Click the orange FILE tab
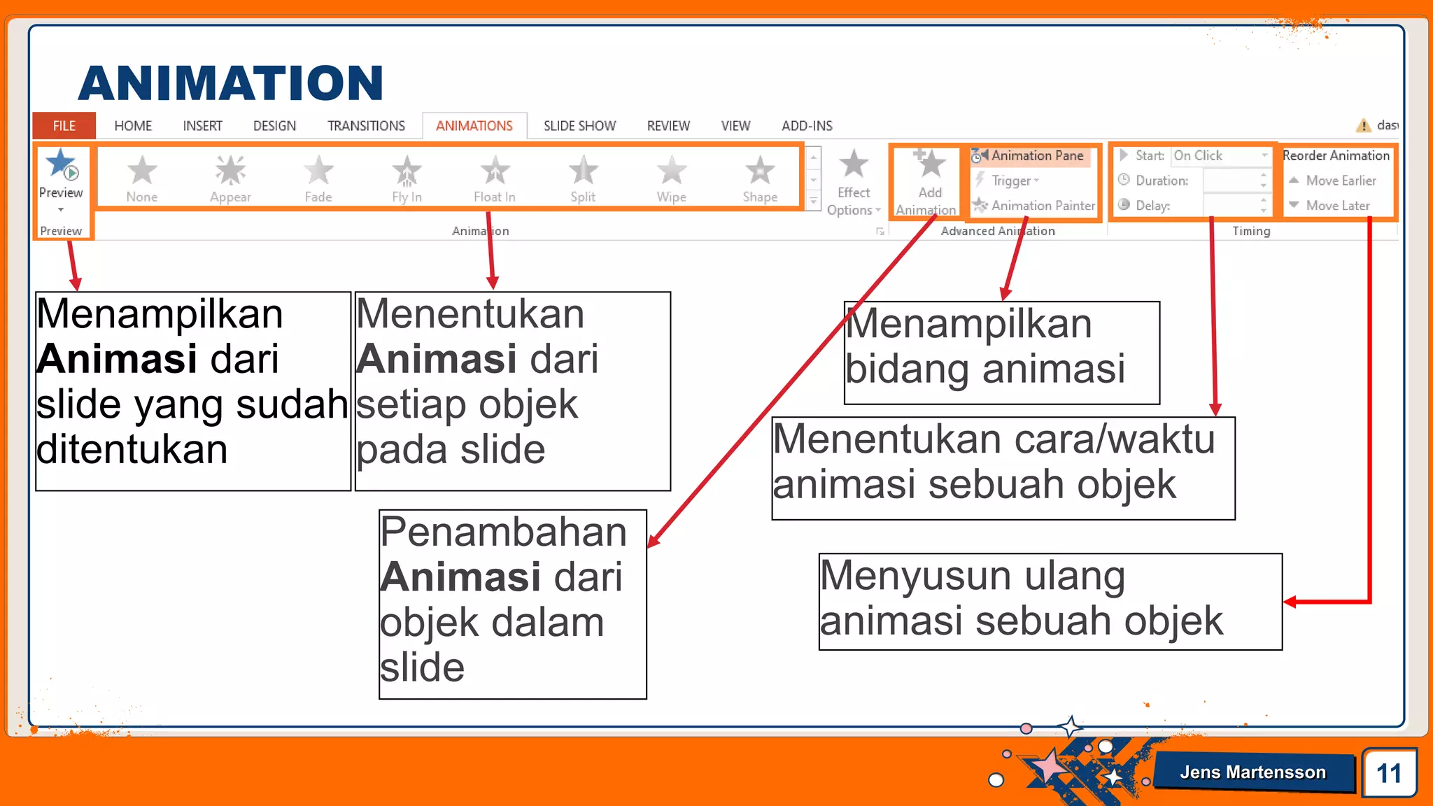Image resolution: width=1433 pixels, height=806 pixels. pos(64,126)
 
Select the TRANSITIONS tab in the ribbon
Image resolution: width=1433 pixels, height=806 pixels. pos(366,126)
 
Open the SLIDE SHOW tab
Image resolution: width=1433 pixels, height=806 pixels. pos(579,126)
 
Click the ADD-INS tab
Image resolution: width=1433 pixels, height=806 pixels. pos(807,126)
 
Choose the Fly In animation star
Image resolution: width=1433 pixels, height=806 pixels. pos(407,171)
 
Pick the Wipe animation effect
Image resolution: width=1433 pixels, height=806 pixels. pos(671,171)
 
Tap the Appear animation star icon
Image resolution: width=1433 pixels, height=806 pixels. pos(230,171)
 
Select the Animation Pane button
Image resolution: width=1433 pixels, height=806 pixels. pos(1030,155)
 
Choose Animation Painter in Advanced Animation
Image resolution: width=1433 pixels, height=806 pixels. pos(1036,206)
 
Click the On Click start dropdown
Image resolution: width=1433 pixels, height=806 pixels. pos(1220,155)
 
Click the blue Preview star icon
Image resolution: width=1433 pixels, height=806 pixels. pos(61,164)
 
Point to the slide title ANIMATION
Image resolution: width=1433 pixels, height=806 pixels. pos(230,83)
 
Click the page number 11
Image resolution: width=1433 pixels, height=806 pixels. pos(1389,773)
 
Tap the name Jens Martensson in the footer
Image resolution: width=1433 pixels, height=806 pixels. pos(1252,772)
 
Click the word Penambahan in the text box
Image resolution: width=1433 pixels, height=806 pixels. pos(503,532)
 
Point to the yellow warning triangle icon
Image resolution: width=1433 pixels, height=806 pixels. pos(1363,125)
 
